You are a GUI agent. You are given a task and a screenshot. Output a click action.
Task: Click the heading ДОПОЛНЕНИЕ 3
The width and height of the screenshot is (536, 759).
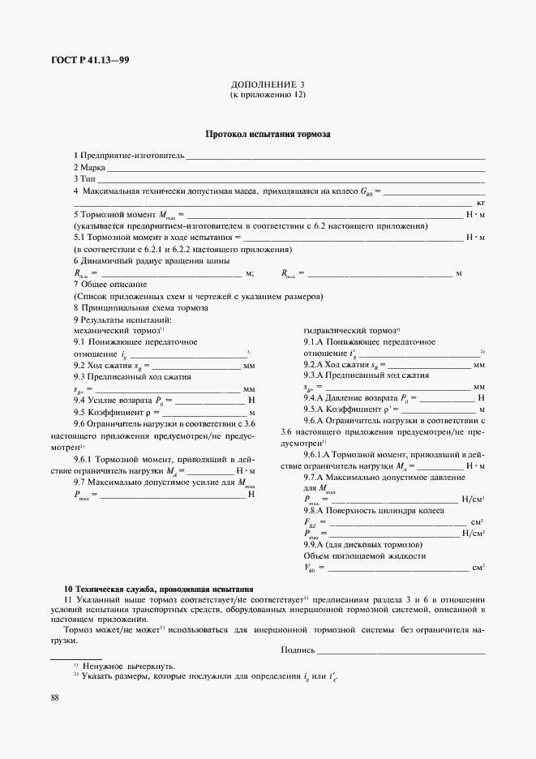pos(268,84)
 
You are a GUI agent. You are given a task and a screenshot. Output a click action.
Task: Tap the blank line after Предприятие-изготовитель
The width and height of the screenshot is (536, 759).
pos(336,155)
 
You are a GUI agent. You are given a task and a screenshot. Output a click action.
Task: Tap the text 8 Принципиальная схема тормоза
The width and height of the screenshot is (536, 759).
pos(141,308)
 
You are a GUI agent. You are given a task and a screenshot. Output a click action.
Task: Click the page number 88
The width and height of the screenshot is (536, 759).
pos(54,697)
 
